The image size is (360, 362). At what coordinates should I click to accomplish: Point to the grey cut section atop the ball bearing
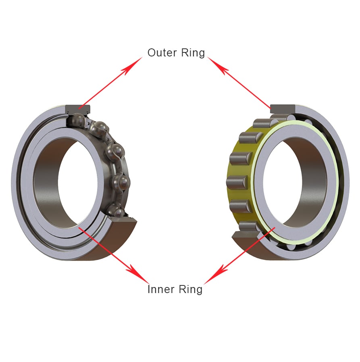(79, 108)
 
